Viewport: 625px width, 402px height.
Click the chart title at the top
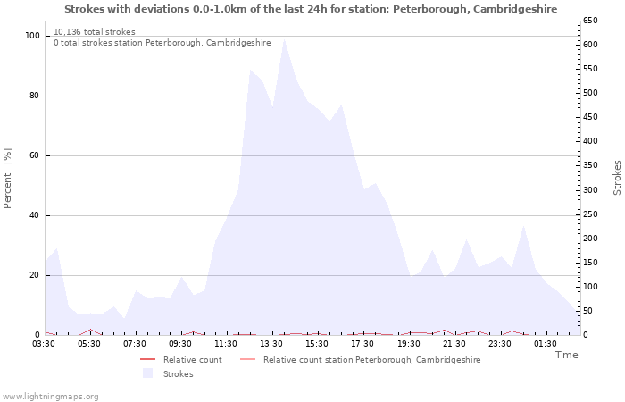[311, 9]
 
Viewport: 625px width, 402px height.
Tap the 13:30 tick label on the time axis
[271, 344]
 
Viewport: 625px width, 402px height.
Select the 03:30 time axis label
[44, 344]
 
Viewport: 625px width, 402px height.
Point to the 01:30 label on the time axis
[546, 344]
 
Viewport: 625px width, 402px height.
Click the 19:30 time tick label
[409, 344]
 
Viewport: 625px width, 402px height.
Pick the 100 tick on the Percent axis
[33, 36]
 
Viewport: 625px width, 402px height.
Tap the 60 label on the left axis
[34, 155]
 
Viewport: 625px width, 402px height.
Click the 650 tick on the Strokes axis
[590, 21]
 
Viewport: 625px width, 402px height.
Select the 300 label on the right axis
[590, 189]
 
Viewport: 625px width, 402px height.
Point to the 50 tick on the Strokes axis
[587, 311]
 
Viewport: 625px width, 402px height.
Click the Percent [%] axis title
[7, 179]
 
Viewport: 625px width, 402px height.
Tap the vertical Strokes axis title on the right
[617, 178]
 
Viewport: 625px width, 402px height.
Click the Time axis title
[566, 355]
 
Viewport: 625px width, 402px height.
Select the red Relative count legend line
[148, 360]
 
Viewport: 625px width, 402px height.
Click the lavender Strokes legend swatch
[148, 373]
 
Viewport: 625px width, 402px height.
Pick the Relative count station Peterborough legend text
[372, 360]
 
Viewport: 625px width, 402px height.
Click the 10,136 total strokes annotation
[95, 32]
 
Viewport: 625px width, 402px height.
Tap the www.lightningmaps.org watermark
[50, 397]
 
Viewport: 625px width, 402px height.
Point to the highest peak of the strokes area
[284, 39]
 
